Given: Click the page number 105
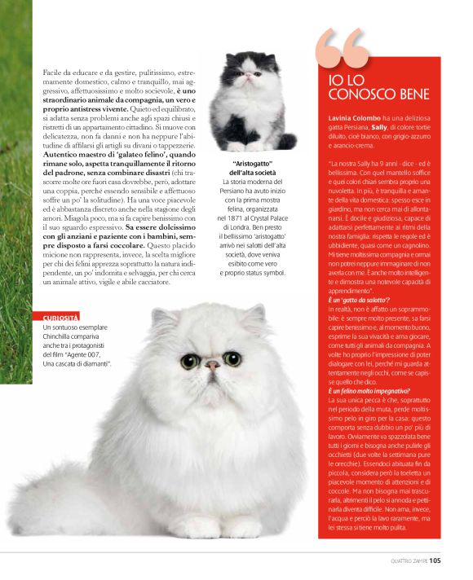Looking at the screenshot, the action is (435, 560).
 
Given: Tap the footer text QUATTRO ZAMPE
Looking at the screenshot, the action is (403, 560).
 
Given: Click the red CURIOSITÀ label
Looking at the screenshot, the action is (61, 316).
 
